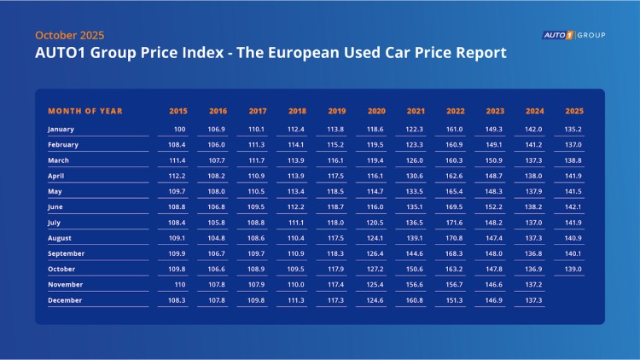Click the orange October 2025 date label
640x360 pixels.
69,35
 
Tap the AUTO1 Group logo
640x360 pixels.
573,35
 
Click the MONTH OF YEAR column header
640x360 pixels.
85,111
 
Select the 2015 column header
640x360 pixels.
177,111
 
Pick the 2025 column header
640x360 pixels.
573,111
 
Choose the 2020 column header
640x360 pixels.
375,111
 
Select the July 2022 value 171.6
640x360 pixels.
454,223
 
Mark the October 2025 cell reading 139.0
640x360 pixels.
573,270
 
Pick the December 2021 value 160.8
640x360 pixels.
415,301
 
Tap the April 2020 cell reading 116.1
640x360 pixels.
375,176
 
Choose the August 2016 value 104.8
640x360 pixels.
218,238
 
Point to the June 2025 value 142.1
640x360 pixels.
573,207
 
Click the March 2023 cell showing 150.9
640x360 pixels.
494,160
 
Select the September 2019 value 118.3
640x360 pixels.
336,254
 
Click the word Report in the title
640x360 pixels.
478,54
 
